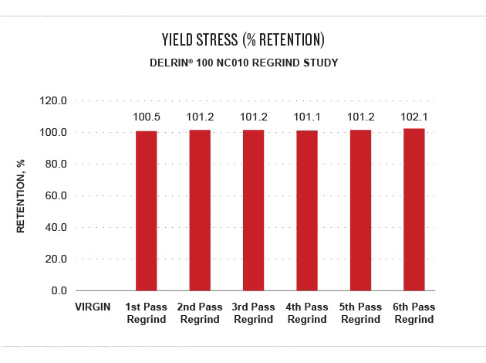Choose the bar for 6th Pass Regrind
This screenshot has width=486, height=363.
[414, 209]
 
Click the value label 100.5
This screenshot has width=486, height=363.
[146, 118]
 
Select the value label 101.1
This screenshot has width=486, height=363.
[307, 117]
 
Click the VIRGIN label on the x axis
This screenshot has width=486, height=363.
[92, 307]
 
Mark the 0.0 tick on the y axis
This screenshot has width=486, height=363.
[59, 291]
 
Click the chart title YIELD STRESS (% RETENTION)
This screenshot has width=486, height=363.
[242, 39]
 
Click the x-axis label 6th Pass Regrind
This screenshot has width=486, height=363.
[414, 314]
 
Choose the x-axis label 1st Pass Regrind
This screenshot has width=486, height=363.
[146, 314]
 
